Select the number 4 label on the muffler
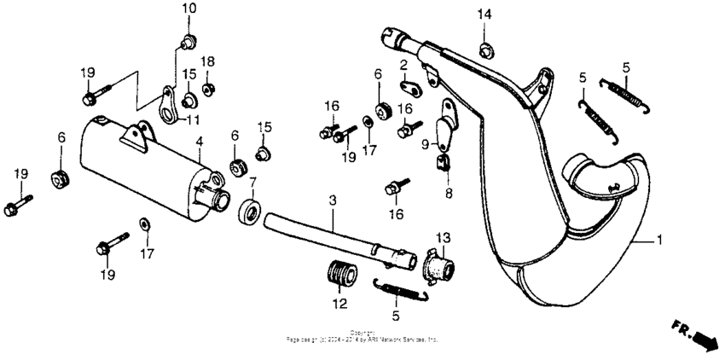(199, 141)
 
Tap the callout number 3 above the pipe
(333, 200)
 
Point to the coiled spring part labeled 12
(341, 275)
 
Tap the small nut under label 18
(207, 88)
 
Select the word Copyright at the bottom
(362, 333)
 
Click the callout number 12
(339, 304)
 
